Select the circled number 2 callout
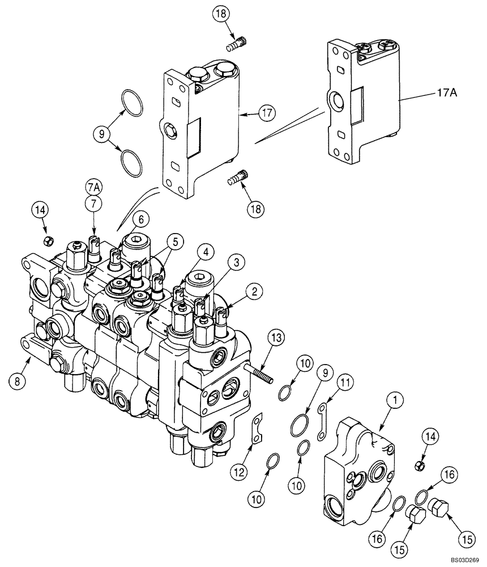click(254, 292)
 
